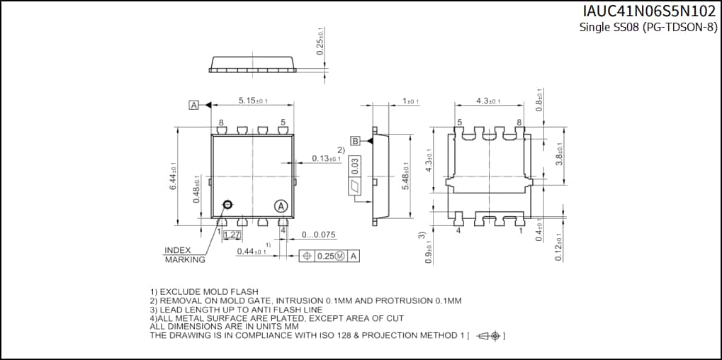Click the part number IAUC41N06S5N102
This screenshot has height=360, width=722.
click(649, 12)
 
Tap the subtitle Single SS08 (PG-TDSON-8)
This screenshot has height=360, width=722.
click(648, 28)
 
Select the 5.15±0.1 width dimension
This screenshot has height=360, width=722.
click(252, 101)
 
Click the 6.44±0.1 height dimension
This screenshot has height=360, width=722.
click(172, 175)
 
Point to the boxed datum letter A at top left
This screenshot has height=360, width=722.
click(193, 105)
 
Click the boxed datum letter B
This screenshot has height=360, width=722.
click(355, 140)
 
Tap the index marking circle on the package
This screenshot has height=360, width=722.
click(227, 205)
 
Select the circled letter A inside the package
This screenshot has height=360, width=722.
click(281, 206)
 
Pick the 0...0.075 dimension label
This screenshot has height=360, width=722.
click(318, 235)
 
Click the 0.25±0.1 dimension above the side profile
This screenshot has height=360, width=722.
click(320, 42)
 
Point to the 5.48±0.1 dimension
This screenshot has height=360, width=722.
click(406, 176)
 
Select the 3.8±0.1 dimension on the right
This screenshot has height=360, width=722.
click(559, 154)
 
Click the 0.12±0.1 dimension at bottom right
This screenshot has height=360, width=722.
click(559, 247)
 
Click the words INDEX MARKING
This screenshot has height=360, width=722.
click(184, 255)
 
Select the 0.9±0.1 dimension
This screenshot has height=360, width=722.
click(427, 251)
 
